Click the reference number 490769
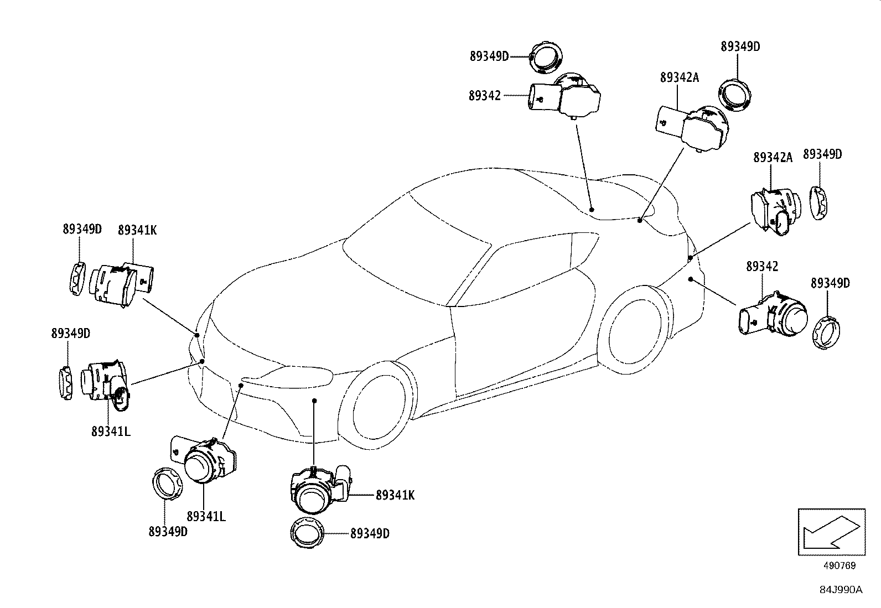[x=839, y=565]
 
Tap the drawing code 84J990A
[x=841, y=590]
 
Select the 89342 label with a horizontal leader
[x=485, y=96]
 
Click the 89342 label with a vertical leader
[x=762, y=266]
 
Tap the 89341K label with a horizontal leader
[x=395, y=495]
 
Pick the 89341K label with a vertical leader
[x=137, y=230]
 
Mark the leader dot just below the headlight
[x=314, y=400]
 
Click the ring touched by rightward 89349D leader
[x=546, y=56]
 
